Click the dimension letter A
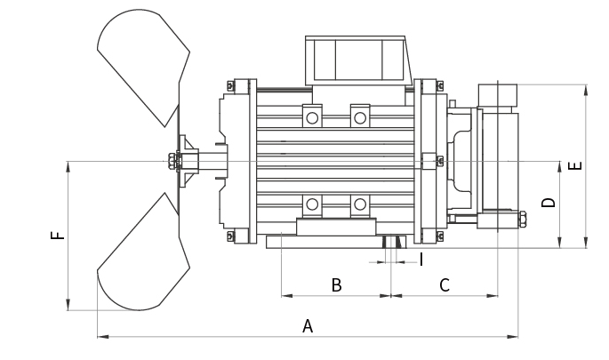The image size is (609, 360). click(x=308, y=326)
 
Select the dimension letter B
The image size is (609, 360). click(x=336, y=285)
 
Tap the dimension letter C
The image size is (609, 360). click(x=445, y=285)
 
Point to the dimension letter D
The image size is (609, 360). click(x=549, y=203)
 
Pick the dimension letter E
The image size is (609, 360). click(x=574, y=166)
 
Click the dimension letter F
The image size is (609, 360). click(x=57, y=236)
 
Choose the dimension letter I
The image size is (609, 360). click(x=421, y=259)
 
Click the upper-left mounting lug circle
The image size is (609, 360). click(x=312, y=117)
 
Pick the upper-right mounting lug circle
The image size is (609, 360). click(x=359, y=117)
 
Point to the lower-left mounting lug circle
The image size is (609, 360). click(x=312, y=205)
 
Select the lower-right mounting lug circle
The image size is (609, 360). click(x=359, y=205)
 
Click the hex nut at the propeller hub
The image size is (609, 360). click(x=169, y=161)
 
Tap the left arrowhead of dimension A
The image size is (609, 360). click(x=100, y=337)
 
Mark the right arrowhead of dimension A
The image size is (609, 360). click(x=515, y=337)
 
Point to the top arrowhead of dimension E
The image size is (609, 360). click(x=586, y=88)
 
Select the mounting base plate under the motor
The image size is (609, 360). click(x=336, y=241)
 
